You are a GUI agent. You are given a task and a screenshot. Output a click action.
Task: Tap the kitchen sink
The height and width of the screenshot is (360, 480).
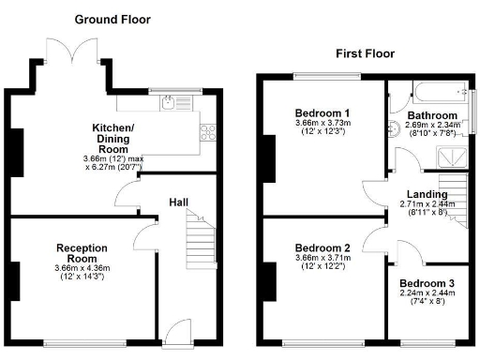click(x=169, y=104)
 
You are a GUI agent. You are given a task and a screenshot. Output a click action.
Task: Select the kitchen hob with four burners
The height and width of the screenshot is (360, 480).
click(x=208, y=133)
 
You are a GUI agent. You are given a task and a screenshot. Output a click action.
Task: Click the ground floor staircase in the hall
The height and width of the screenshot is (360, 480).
click(x=200, y=241)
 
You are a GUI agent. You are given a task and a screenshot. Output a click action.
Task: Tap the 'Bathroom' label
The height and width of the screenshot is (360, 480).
click(x=431, y=115)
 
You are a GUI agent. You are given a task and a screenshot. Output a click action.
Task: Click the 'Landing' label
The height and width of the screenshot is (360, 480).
click(x=412, y=194)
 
